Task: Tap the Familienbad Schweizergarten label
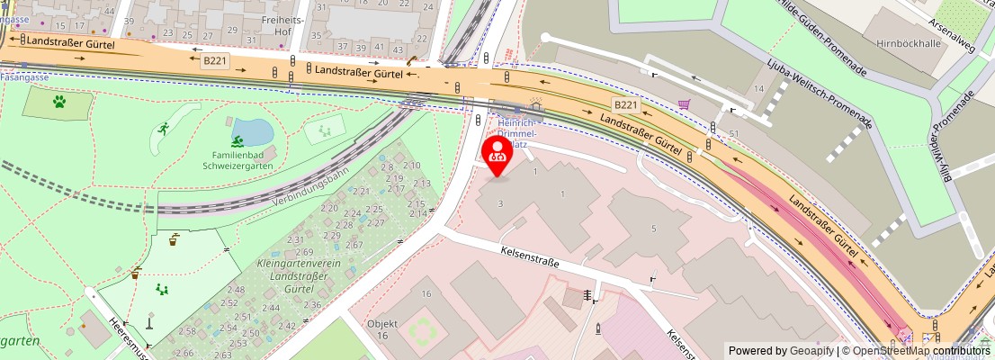pos(237,160)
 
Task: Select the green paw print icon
pos(59,102)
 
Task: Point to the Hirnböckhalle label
pos(899,42)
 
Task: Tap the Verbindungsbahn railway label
pos(309,185)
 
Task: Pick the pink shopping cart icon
pos(685,105)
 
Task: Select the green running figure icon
pos(163,130)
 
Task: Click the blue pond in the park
pos(253,132)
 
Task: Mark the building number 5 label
pos(653,229)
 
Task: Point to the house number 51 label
pos(734,134)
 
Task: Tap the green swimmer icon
pos(237,141)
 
